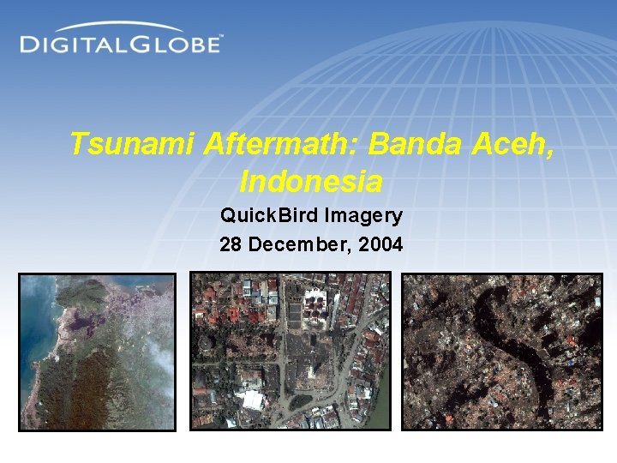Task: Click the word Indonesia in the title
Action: click(311, 182)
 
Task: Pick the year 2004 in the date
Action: click(381, 244)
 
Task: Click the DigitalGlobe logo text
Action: click(120, 44)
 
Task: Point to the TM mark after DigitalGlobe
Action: click(222, 37)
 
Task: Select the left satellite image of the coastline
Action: click(97, 352)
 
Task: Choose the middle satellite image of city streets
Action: click(290, 351)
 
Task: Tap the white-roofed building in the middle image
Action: click(253, 400)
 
